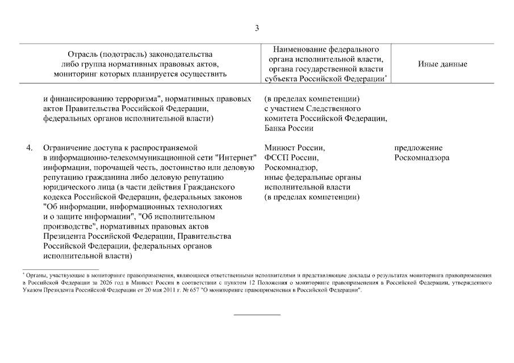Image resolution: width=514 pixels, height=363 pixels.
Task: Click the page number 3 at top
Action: pyautogui.click(x=257, y=28)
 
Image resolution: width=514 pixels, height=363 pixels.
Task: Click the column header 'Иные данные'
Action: pyautogui.click(x=442, y=64)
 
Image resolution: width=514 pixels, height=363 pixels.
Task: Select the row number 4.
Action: pyautogui.click(x=29, y=148)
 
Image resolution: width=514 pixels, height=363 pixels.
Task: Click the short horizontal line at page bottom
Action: pyautogui.click(x=257, y=314)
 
